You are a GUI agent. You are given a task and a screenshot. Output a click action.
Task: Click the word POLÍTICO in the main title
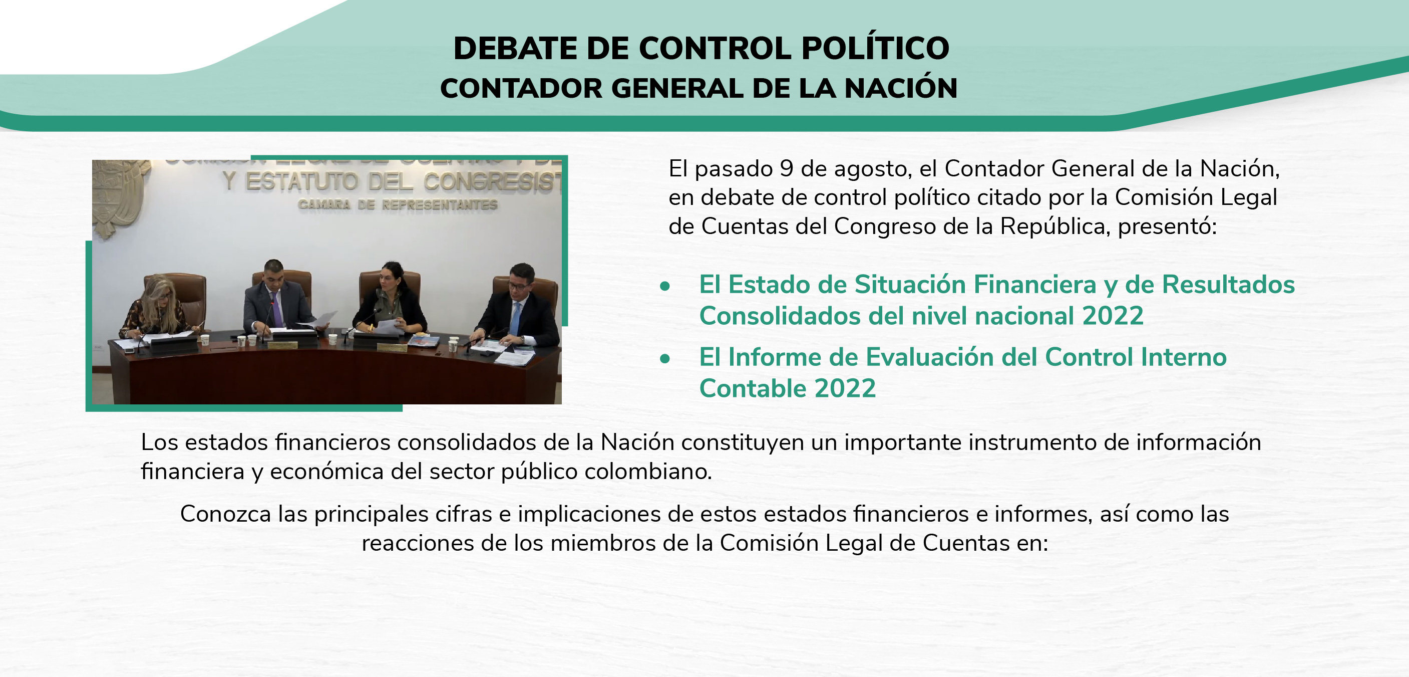[875, 48]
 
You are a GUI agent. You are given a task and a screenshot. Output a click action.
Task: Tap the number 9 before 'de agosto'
[787, 168]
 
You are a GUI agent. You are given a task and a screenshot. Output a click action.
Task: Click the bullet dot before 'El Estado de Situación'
[664, 286]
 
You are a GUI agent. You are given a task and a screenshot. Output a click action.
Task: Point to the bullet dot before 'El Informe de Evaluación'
[664, 358]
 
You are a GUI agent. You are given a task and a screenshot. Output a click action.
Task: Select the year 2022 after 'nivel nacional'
[1113, 316]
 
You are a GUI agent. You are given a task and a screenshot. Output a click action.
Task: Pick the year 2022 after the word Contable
[845, 388]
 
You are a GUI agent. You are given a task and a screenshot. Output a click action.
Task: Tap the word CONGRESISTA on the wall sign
[492, 182]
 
